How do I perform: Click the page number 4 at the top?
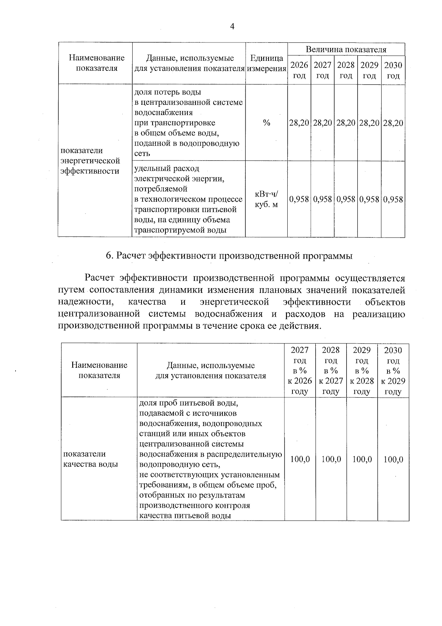[232, 26]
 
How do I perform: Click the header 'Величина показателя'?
[346, 49]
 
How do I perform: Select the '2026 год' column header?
[299, 70]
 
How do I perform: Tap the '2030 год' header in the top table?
[393, 70]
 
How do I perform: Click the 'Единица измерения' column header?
[266, 63]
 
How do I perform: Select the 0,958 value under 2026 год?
[299, 200]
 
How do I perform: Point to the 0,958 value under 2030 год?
[393, 200]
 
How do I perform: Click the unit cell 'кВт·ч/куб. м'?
[266, 199]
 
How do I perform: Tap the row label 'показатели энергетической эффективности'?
[90, 161]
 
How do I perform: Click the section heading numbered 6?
[229, 256]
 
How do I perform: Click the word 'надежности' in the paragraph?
[85, 302]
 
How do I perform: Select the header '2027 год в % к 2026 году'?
[299, 370]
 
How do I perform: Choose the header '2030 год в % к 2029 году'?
[393, 370]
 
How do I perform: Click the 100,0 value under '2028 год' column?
[331, 459]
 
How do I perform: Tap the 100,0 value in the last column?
[393, 459]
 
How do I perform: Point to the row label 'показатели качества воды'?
[90, 459]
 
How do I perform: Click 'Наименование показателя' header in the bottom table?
[99, 370]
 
